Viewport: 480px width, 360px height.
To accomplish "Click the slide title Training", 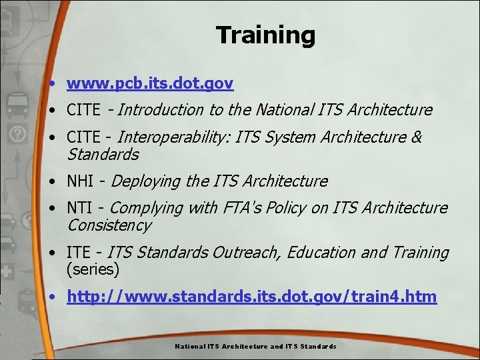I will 265,35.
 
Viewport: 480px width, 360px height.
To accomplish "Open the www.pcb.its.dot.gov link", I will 150,83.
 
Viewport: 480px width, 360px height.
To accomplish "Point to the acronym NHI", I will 80,181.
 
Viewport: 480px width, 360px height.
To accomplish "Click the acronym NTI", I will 80,208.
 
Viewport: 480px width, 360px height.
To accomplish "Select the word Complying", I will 147,208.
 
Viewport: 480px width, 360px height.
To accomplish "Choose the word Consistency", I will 109,225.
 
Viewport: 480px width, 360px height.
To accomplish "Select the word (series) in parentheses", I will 93,270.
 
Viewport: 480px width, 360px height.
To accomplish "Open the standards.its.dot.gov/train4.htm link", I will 252,297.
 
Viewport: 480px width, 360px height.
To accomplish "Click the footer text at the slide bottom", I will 255,347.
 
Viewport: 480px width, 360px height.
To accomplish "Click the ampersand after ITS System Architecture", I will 417,137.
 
